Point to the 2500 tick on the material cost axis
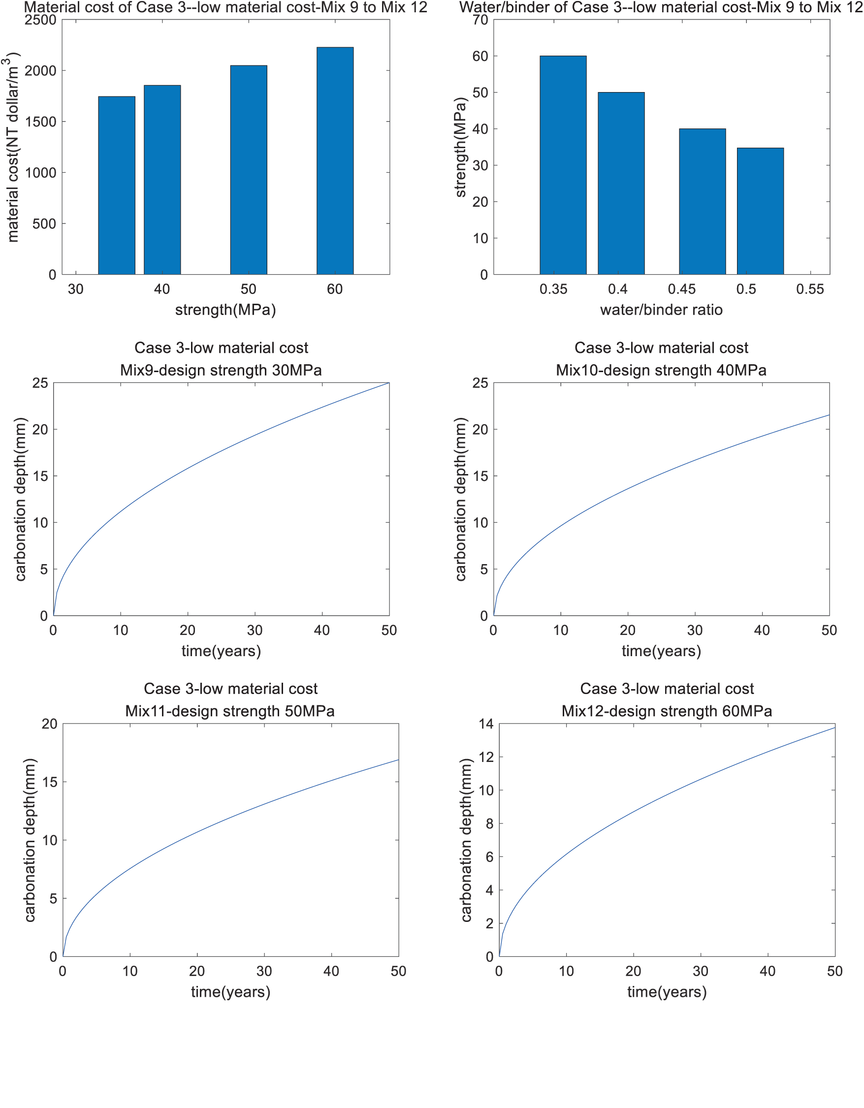pos(40,20)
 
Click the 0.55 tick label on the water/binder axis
pos(810,289)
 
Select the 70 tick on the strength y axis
pos(480,20)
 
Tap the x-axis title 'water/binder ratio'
pos(661,310)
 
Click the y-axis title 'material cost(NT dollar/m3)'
pos(12,147)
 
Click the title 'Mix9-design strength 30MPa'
pos(221,370)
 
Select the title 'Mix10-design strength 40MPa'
pos(661,370)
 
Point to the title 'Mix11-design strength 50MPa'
pos(230,711)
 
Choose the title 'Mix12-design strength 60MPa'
pos(667,711)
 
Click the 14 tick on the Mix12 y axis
pos(486,724)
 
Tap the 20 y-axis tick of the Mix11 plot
pos(49,724)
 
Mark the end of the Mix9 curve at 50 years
pos(388,383)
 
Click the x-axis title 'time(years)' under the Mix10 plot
pos(661,651)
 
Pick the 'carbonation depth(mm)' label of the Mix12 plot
pos(466,840)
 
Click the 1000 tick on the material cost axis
pos(40,173)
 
